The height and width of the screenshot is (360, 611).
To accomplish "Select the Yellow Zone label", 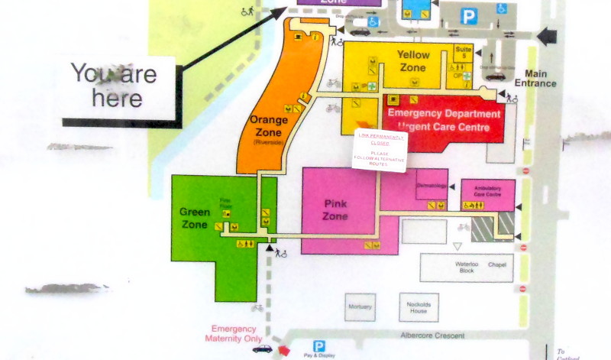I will click(x=414, y=61).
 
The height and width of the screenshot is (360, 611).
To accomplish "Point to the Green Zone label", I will click(x=195, y=218).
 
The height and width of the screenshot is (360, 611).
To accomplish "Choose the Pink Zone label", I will click(x=335, y=210).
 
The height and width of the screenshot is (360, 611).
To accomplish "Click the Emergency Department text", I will click(x=444, y=114).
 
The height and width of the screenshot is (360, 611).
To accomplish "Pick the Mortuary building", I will click(x=360, y=306).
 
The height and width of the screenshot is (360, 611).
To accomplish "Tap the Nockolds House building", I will click(x=418, y=306).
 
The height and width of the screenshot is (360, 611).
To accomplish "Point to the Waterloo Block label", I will click(x=467, y=268).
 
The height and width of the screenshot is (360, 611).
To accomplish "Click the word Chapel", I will click(x=498, y=264).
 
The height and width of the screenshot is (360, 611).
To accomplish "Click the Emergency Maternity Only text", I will click(x=237, y=333).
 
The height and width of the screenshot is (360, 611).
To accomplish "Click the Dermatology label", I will click(x=430, y=186).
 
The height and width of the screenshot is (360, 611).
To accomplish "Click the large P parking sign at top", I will click(x=469, y=15).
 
